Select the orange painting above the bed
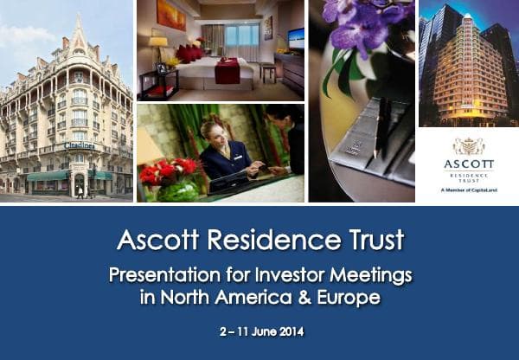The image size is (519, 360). click(171, 15)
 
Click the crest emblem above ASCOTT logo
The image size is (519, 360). click(468, 146)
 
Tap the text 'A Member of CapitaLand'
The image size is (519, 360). click(468, 191)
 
